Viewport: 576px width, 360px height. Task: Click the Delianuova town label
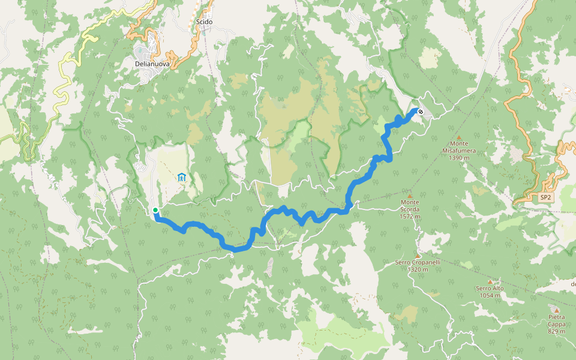click(x=152, y=64)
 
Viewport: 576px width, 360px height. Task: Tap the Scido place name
click(x=205, y=22)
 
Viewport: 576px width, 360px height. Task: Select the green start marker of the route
click(x=155, y=210)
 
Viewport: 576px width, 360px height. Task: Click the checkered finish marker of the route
click(x=421, y=112)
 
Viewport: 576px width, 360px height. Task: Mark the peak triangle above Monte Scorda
click(x=410, y=196)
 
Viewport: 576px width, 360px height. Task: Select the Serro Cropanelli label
click(x=418, y=262)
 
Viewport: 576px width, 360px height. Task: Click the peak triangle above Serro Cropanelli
click(x=418, y=255)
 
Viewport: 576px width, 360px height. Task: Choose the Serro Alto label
click(x=490, y=289)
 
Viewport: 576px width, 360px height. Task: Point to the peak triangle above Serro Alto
click(x=490, y=281)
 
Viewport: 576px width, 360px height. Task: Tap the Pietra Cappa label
click(x=556, y=320)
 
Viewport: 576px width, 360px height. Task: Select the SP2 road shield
click(x=545, y=197)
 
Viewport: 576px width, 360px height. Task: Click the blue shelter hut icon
click(x=181, y=177)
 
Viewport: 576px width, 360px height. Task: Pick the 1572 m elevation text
click(x=410, y=217)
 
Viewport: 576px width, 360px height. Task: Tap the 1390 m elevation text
click(x=459, y=157)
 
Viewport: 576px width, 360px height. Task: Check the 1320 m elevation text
click(x=418, y=269)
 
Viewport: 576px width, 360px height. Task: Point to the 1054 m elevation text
click(x=490, y=296)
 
